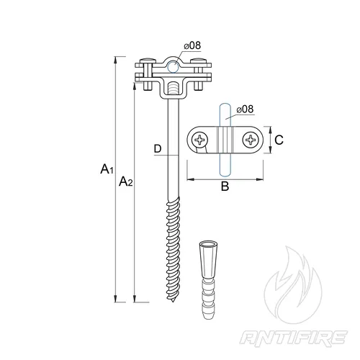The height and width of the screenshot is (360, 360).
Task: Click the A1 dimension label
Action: pos(107,169)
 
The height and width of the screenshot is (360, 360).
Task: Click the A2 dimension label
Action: pos(126,181)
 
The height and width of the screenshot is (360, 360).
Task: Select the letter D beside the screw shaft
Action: pos(158,149)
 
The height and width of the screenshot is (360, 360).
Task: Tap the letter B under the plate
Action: pos(225,186)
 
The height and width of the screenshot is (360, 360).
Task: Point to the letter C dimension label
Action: pos(279,140)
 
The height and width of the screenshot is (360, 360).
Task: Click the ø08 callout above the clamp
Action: pos(192,45)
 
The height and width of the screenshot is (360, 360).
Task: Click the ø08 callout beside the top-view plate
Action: pos(245,109)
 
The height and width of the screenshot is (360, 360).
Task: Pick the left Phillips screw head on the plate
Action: pos(199,140)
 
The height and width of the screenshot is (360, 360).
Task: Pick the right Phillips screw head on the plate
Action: pos(251,140)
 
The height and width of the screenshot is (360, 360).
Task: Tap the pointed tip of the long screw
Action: pos(173,301)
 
